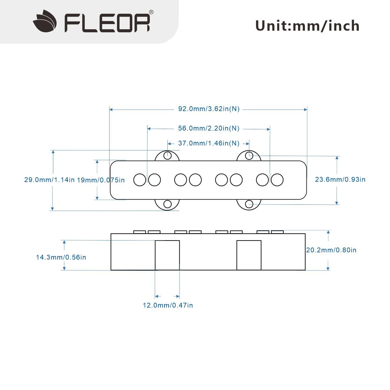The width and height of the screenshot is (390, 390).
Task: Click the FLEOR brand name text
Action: pos(107,23)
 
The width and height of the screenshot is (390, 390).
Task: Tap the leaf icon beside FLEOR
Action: pos(45,21)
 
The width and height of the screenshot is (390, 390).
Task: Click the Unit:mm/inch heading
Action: pos(307,26)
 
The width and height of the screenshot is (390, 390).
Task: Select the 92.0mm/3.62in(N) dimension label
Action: pos(209,109)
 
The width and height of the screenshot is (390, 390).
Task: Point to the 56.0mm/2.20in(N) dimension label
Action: pos(209,128)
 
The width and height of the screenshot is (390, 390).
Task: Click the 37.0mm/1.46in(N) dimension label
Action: pos(209,143)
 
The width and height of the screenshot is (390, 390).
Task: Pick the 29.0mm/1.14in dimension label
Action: pos(49,180)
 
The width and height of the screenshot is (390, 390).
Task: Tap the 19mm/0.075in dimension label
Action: pos(101,180)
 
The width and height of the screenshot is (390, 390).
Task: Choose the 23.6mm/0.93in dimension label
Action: pos(340,179)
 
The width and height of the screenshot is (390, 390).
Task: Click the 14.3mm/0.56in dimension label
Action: pos(61,257)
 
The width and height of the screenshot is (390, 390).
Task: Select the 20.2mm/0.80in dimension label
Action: pos(331,250)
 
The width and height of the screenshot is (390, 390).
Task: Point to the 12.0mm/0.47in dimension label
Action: pos(168,305)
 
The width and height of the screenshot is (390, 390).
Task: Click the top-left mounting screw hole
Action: pos(167,156)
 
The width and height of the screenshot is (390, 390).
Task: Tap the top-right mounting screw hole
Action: pos(249,156)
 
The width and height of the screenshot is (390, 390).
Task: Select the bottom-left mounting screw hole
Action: pos(167,204)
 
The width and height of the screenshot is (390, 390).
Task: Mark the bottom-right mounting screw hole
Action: pos(249,204)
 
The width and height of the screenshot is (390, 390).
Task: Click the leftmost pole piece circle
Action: pos(140,180)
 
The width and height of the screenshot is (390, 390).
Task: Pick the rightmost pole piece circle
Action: pos(277,180)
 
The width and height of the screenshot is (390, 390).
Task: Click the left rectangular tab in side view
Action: pos(167,255)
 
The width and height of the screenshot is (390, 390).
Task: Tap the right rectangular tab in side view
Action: pos(249,255)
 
